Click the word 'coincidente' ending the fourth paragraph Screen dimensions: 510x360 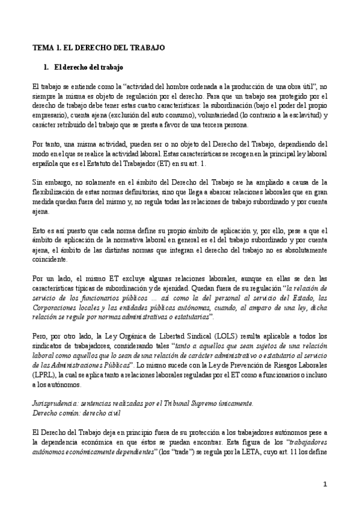click(x=50, y=260)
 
